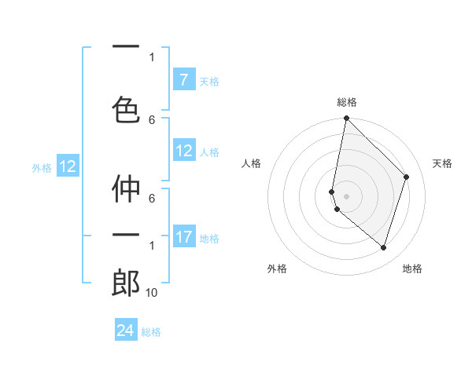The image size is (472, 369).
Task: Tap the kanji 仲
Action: tap(126, 189)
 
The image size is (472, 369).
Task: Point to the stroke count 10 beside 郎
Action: tap(152, 292)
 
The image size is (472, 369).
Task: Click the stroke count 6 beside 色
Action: tap(152, 119)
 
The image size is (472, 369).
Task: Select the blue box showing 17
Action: tap(184, 237)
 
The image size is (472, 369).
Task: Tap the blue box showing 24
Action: tap(126, 331)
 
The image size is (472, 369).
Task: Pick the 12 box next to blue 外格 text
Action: tap(68, 166)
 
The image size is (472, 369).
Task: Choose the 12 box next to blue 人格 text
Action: tap(184, 151)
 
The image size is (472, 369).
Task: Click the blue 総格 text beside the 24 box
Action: tap(151, 332)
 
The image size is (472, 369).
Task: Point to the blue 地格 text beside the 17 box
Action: tap(208, 238)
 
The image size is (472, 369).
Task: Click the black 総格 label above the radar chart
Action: tap(346, 102)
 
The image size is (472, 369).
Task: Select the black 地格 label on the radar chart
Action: tap(412, 269)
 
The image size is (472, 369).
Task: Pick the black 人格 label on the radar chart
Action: tap(252, 163)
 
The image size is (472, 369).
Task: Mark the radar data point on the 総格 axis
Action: tap(346, 119)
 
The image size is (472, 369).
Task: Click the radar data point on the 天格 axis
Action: tap(407, 177)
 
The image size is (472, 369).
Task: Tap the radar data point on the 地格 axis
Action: tap(384, 248)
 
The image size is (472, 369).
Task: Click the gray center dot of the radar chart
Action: tap(346, 196)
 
